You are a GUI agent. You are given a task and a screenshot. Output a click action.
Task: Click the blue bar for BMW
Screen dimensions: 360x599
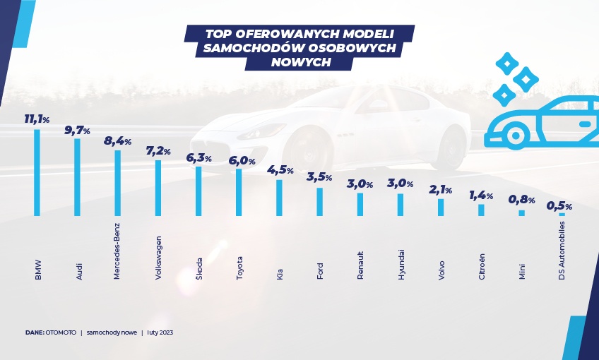[37, 173]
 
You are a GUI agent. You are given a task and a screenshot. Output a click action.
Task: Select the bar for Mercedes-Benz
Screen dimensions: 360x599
[118, 183]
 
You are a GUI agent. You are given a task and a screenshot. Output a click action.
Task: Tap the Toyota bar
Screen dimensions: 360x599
[239, 192]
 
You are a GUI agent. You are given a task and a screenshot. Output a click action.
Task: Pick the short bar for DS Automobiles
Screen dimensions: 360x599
[562, 214]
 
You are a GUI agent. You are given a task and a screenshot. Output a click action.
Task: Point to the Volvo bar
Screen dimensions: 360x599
[441, 207]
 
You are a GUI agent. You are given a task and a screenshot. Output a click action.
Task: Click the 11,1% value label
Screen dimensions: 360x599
[37, 120]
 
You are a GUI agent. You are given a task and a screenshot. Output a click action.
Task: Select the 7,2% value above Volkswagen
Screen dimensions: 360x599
[158, 151]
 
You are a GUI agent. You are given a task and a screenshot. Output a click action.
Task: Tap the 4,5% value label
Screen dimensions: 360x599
[280, 170]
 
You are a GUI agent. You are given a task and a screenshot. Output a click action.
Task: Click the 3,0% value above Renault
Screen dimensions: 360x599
[360, 184]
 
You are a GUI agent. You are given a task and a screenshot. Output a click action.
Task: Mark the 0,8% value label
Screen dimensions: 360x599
[522, 200]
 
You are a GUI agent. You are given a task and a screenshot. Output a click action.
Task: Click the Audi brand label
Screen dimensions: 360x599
[78, 270]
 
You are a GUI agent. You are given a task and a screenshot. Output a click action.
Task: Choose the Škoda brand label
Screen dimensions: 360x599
[198, 268]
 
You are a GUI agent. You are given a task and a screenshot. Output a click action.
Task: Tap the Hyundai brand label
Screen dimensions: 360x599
[401, 265]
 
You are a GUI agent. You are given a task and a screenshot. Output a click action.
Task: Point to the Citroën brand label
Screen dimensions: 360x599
[482, 267]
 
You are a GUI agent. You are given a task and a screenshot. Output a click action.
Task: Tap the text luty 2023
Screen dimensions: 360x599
[162, 332]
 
